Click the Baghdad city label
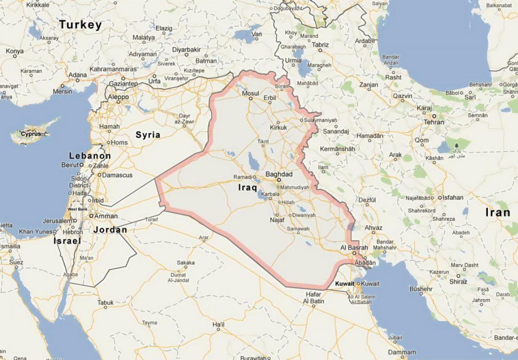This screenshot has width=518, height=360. [x=279, y=174]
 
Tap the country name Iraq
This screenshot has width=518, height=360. [x=247, y=188]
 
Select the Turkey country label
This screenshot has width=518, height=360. [x=81, y=25]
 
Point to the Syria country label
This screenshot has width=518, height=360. [x=148, y=135]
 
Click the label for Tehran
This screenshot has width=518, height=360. [x=433, y=122]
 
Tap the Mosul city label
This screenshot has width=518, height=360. [x=250, y=94]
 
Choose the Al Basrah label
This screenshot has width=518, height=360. [x=354, y=248]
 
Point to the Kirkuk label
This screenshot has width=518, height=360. [x=278, y=128]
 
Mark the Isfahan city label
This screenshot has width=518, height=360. [x=452, y=198]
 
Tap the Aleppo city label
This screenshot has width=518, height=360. [x=118, y=97]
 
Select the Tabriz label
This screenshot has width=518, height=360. [x=320, y=44]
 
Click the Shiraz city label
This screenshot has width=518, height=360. [x=458, y=281]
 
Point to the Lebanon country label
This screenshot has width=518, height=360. [x=90, y=156]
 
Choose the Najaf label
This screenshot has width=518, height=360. [x=277, y=220]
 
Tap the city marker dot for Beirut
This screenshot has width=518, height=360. [x=81, y=165]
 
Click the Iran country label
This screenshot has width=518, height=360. [x=498, y=212]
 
